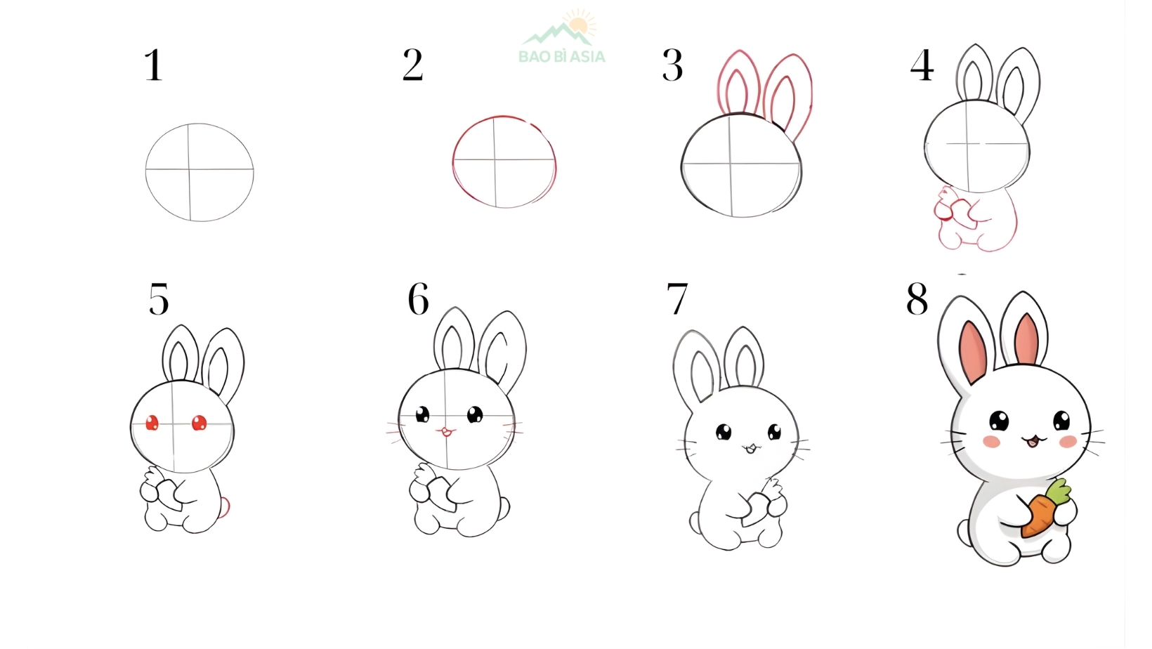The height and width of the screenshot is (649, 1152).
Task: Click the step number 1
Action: pos(153,66)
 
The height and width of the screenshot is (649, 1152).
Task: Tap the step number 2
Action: pos(412,66)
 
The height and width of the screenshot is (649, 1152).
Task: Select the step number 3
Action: pos(672,66)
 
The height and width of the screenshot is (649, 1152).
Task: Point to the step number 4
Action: pos(922,66)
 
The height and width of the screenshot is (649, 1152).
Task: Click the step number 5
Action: pos(159,300)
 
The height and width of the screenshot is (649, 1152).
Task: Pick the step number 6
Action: pos(419,300)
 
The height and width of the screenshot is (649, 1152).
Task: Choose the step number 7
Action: pos(677,300)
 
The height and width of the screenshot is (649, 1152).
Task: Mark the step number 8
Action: pos(917,300)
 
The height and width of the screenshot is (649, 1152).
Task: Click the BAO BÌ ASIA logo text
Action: pos(561,57)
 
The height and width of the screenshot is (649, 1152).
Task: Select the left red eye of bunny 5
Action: pos(152,423)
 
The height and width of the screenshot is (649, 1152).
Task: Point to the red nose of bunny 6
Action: pos(445,431)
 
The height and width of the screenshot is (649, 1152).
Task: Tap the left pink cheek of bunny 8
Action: pos(991,441)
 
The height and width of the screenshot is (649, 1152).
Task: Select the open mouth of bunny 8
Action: pos(1033,442)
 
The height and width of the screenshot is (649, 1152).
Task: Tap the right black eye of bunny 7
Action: pos(774,431)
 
